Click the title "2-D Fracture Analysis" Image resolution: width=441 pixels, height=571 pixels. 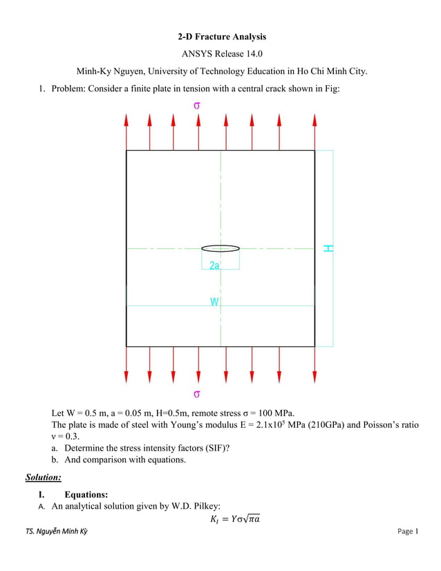[220, 37]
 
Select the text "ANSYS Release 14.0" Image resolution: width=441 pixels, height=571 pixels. [220, 53]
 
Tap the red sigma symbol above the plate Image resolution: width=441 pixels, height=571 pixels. [197, 105]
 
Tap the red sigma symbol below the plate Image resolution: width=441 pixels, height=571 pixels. [197, 394]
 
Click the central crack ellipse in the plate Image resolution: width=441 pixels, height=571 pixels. [220, 247]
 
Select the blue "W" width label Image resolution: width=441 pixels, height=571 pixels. [214, 301]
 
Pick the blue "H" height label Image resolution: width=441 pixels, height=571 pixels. [328, 247]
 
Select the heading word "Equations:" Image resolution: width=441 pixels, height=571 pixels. [86, 495]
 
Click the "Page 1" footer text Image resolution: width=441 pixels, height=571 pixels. [408, 531]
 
